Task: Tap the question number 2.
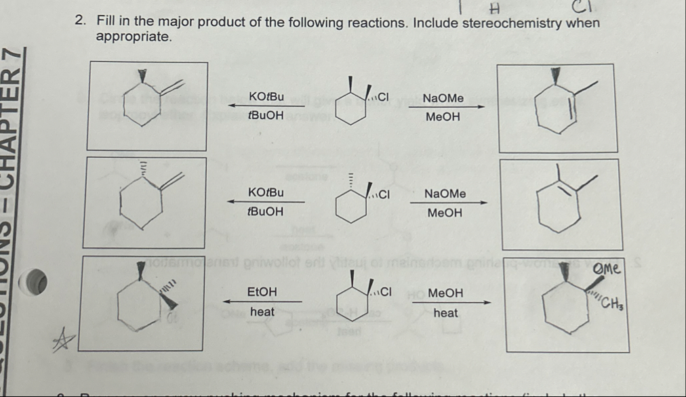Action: pyautogui.click(x=80, y=23)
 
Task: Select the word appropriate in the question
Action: pyautogui.click(x=132, y=37)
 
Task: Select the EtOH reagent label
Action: pyautogui.click(x=262, y=292)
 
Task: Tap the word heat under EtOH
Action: pyautogui.click(x=262, y=312)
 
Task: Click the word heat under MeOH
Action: pyautogui.click(x=446, y=313)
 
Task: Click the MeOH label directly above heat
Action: pyautogui.click(x=446, y=293)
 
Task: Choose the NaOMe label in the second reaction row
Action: pyautogui.click(x=445, y=194)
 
